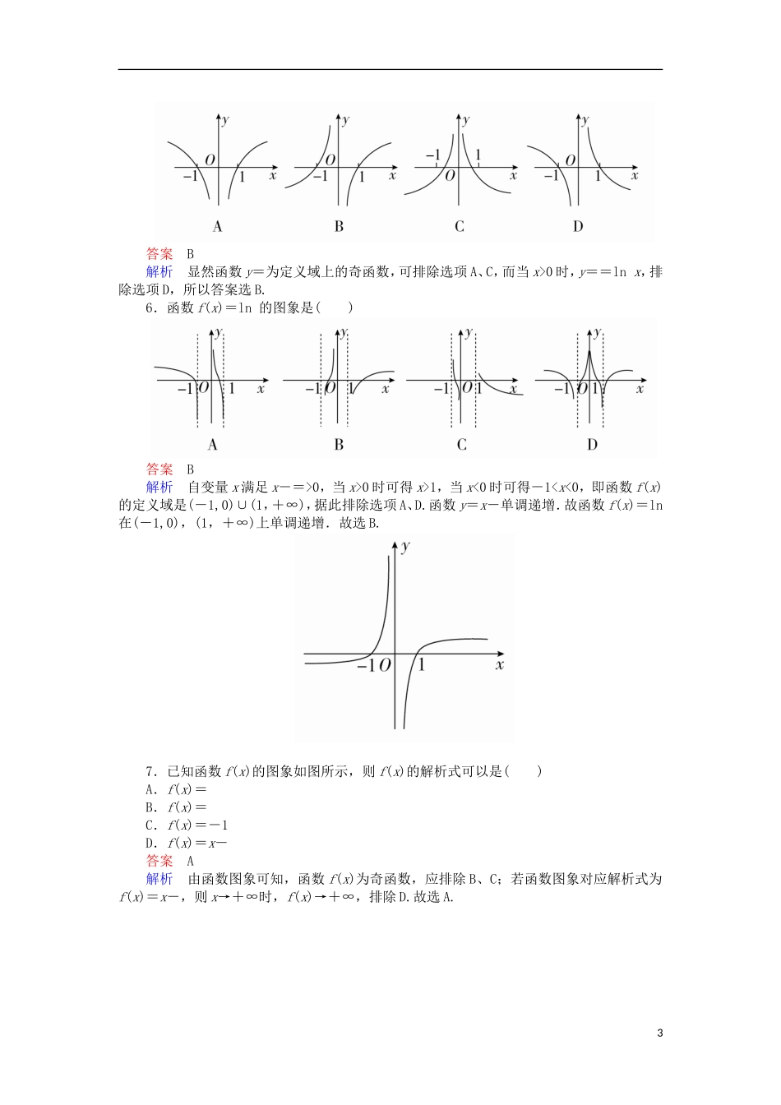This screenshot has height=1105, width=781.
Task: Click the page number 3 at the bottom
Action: tap(659, 1033)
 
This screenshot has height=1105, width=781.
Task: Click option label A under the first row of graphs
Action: tap(217, 227)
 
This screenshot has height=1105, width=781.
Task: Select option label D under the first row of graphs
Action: tap(578, 227)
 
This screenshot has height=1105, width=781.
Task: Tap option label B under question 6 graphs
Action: tap(339, 445)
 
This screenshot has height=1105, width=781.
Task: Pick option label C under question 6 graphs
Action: tap(461, 445)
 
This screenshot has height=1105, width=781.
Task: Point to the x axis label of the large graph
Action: tap(499, 664)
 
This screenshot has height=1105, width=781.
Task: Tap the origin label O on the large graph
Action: tap(385, 665)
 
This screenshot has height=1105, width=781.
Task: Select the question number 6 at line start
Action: tap(150, 308)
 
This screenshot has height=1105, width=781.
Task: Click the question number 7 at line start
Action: tap(150, 771)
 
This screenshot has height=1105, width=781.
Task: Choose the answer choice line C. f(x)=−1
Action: tap(187, 825)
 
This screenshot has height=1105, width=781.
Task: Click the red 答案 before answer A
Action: tap(159, 862)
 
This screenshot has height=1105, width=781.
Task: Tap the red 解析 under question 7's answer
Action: tap(159, 880)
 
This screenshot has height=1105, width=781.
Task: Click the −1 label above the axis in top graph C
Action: tap(432, 155)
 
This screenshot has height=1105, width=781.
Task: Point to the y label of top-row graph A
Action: tap(226, 120)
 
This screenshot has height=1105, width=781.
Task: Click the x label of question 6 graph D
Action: tap(640, 388)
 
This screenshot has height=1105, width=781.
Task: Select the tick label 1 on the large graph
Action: tap(422, 664)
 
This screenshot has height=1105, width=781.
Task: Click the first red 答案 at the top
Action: tap(159, 254)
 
